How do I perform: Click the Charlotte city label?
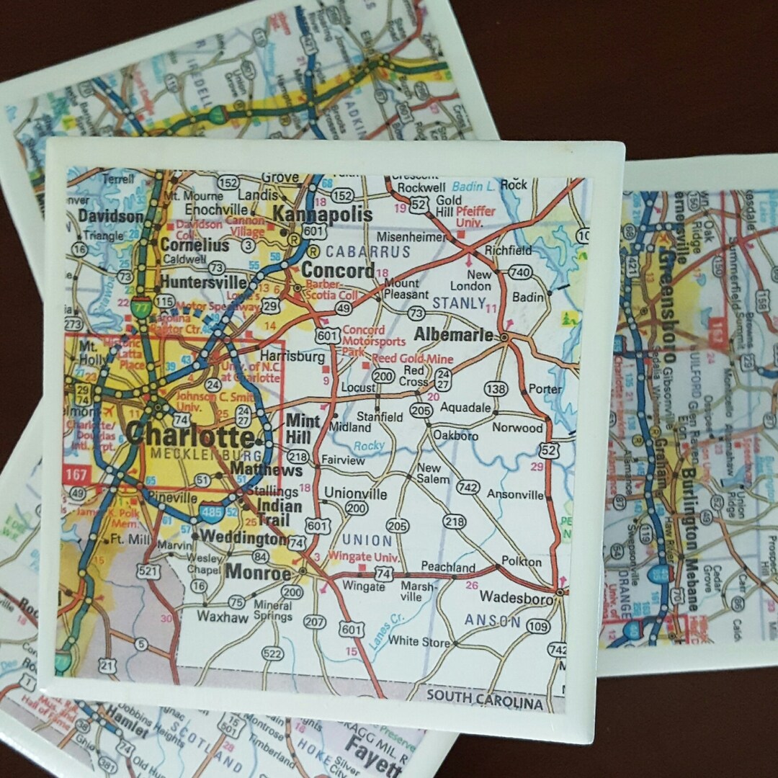tap(189, 435)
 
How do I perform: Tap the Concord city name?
tap(338, 271)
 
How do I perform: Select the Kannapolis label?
tap(323, 215)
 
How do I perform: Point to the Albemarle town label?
tap(454, 334)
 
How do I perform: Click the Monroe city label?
tap(259, 573)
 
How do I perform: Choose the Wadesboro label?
tap(517, 597)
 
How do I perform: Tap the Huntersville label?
tap(200, 281)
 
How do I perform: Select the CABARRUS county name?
tap(368, 252)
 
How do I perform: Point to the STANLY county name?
tap(458, 303)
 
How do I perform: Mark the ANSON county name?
tap(493, 620)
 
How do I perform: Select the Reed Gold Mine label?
tap(411, 359)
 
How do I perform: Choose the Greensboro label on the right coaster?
tap(667, 303)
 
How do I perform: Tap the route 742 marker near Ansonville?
tap(468, 488)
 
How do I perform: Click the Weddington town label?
tap(243, 537)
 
